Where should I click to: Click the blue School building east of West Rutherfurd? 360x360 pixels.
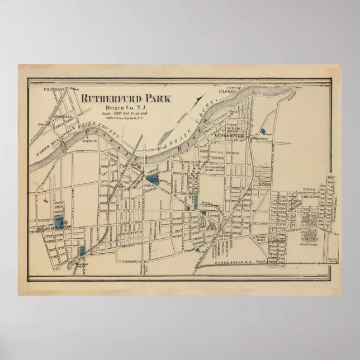[x=263, y=133]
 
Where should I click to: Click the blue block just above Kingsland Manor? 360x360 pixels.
[x=58, y=221]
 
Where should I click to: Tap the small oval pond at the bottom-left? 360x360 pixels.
[x=72, y=266]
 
